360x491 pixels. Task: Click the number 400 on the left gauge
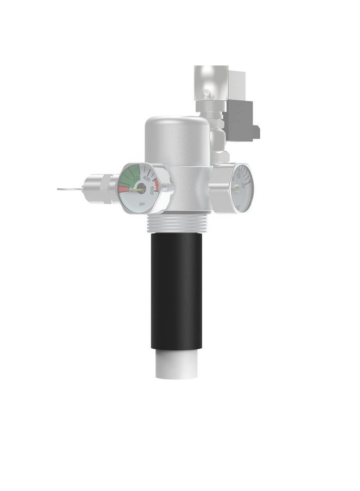147,178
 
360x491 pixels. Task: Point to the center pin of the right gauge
238,188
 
